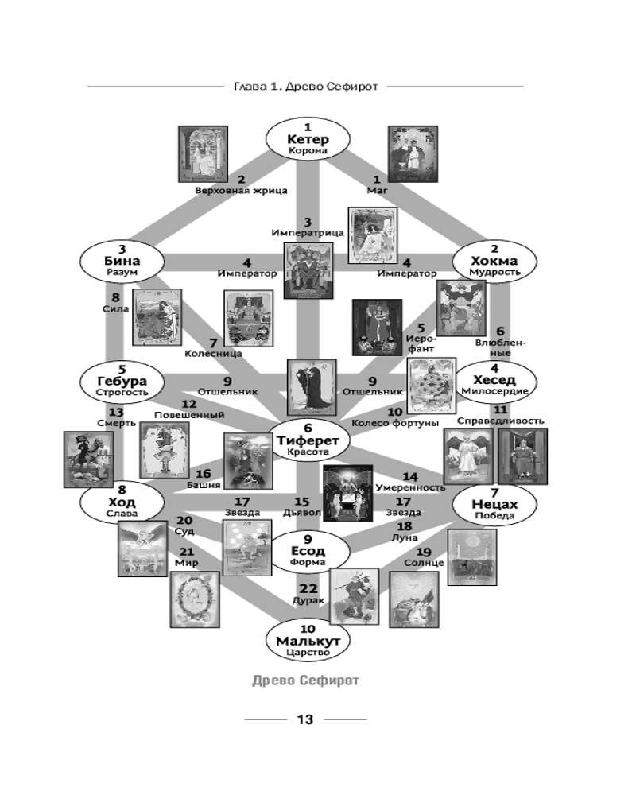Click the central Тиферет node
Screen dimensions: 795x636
pyautogui.click(x=308, y=440)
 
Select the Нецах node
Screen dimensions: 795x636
pyautogui.click(x=494, y=503)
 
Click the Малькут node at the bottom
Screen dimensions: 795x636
pyautogui.click(x=308, y=640)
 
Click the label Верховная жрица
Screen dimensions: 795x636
pyautogui.click(x=241, y=191)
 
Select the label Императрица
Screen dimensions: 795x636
pyautogui.click(x=308, y=233)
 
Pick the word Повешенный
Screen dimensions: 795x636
pyautogui.click(x=188, y=414)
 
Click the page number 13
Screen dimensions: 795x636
pyautogui.click(x=305, y=719)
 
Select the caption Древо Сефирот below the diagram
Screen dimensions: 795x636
pyautogui.click(x=305, y=681)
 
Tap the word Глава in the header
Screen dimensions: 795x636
pyautogui.click(x=251, y=86)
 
